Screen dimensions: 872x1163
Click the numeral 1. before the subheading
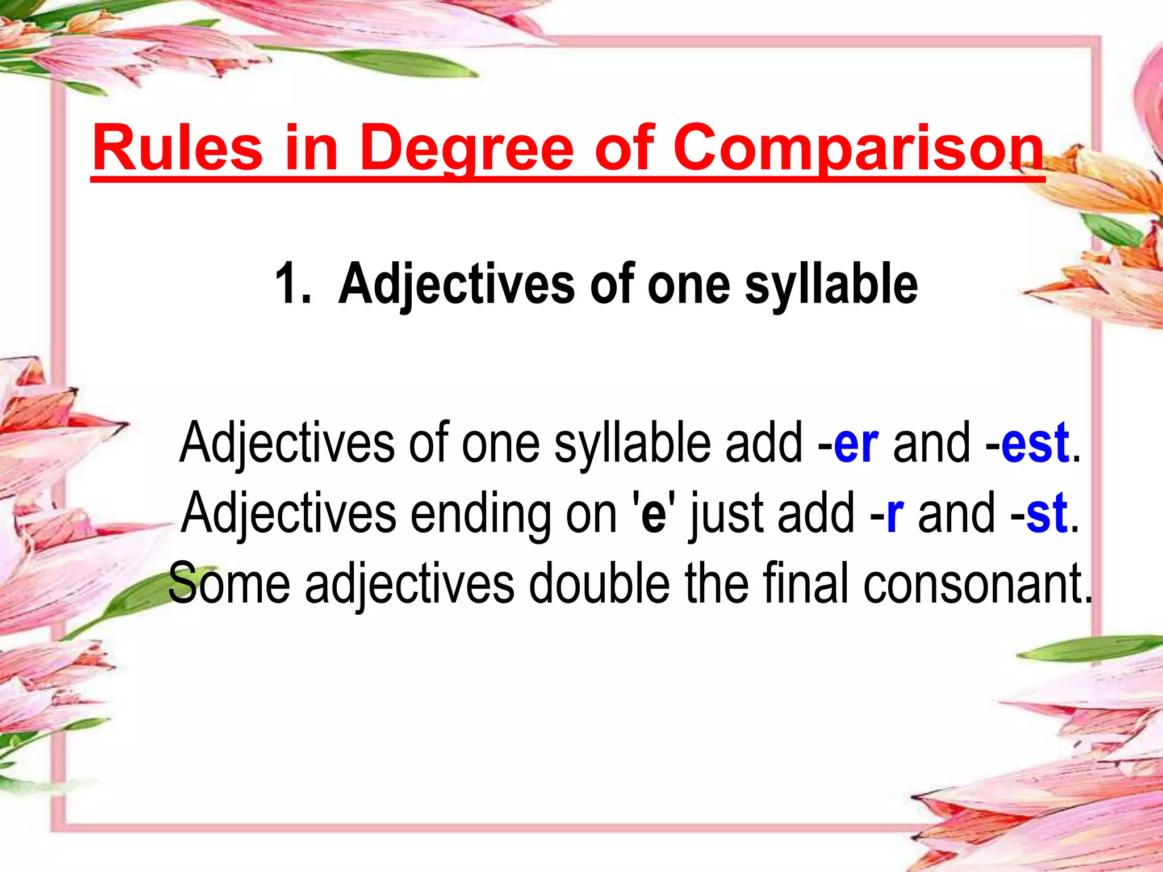click(x=293, y=284)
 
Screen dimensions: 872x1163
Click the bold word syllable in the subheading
click(x=831, y=284)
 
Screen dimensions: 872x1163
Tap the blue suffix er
click(x=856, y=443)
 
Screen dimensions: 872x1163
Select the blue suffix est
click(x=1035, y=443)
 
